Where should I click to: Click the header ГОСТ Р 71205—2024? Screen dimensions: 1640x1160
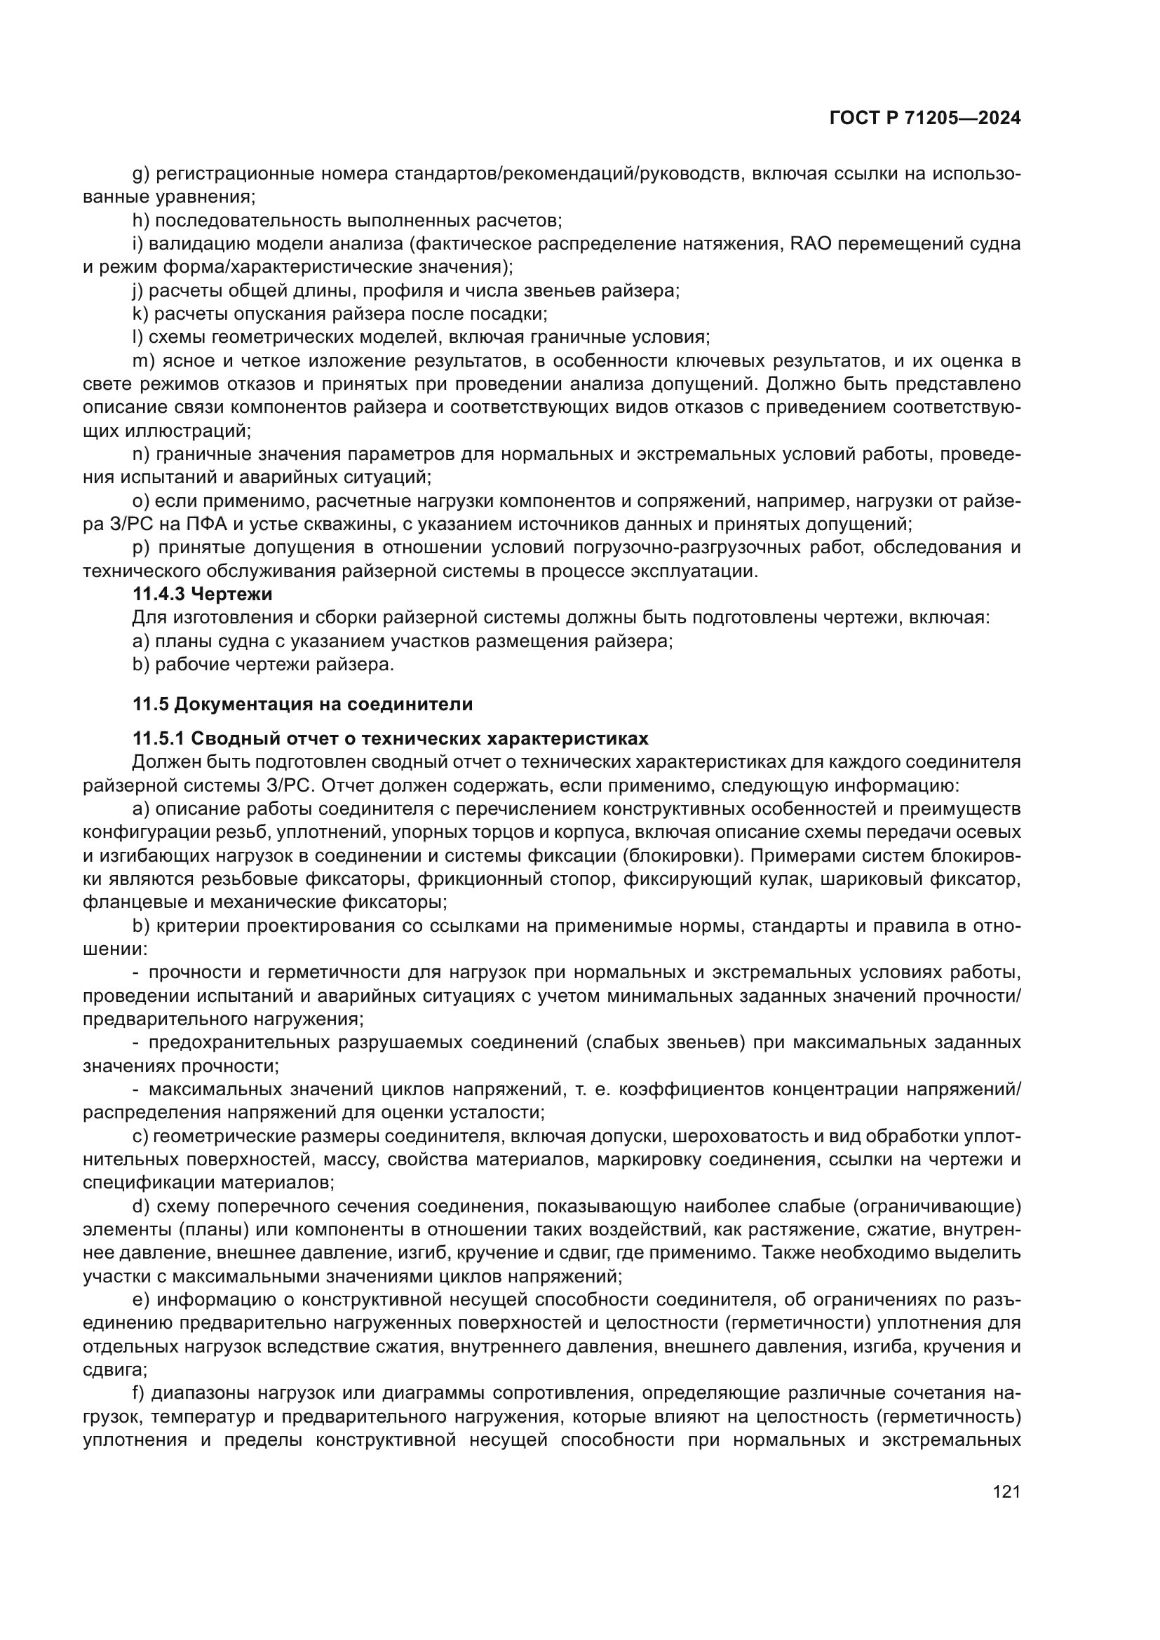(x=925, y=118)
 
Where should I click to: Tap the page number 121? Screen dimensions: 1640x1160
(x=1006, y=1491)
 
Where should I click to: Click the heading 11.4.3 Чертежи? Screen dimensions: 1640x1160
(x=202, y=594)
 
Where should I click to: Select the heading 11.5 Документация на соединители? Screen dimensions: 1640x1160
(x=302, y=703)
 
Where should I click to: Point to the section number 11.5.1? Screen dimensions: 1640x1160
(x=159, y=738)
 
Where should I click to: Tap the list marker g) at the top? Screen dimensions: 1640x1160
(x=141, y=175)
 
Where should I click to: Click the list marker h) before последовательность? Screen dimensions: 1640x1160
(x=141, y=221)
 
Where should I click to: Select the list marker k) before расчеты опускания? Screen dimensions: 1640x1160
(x=141, y=313)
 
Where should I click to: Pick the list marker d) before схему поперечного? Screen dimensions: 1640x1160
(x=142, y=1207)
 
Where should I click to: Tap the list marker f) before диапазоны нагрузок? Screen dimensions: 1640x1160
(x=140, y=1394)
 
